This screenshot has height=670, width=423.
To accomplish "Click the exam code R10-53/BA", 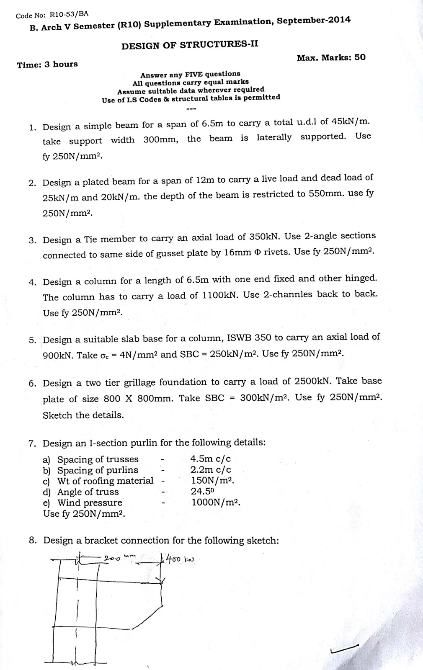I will pos(69,14).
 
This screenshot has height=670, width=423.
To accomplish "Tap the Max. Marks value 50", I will pos(360,57).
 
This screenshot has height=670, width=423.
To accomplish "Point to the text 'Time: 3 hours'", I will pos(47,64).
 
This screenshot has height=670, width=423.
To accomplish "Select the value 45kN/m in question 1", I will pos(351,122).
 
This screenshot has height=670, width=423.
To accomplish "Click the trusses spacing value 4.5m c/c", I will pos(211,459).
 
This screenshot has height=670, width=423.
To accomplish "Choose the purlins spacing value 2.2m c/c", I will pos(211,470).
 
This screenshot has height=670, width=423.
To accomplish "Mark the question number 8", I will pos(33,540).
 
